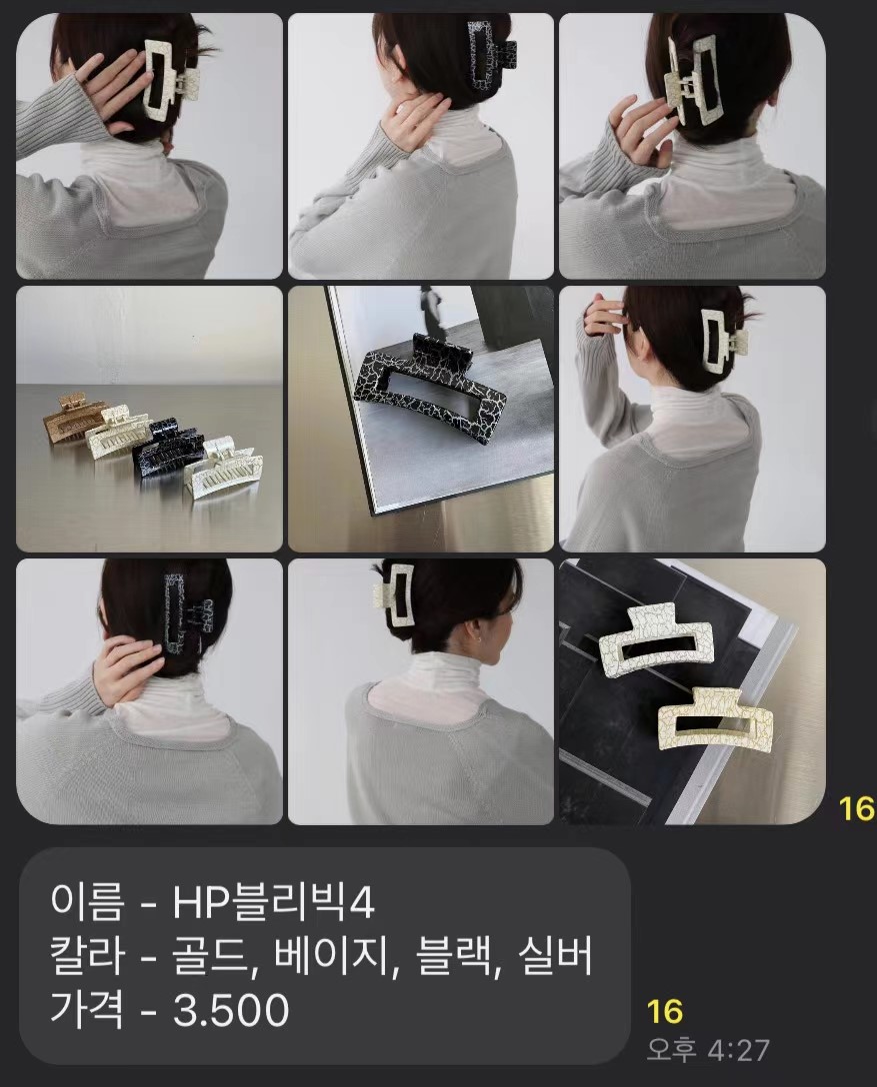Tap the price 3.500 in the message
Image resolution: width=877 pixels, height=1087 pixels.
click(x=231, y=1010)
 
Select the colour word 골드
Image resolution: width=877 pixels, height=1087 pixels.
click(x=214, y=957)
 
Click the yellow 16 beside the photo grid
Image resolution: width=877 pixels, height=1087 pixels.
click(x=857, y=808)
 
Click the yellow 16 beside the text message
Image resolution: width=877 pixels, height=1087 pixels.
click(x=665, y=1011)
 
